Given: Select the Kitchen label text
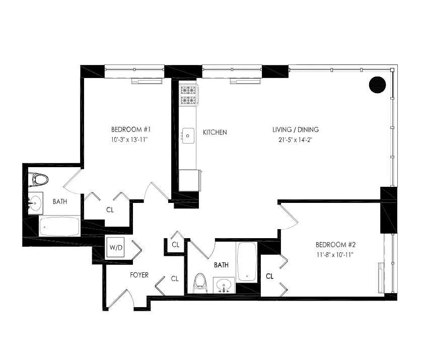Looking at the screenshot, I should (x=215, y=132).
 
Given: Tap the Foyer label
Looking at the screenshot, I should (x=139, y=275).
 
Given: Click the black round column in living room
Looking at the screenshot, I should (x=377, y=85).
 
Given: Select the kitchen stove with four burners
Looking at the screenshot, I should (x=189, y=95).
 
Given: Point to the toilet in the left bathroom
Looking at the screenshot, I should (x=39, y=179).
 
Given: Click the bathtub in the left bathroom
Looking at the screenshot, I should (x=59, y=227).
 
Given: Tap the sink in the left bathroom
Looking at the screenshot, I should (x=35, y=203).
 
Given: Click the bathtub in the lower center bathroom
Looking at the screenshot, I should (x=247, y=262).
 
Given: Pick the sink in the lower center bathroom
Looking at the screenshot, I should (x=224, y=285).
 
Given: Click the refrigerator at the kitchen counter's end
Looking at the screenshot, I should (x=189, y=180).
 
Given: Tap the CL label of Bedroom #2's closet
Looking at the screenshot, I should (x=269, y=276).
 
